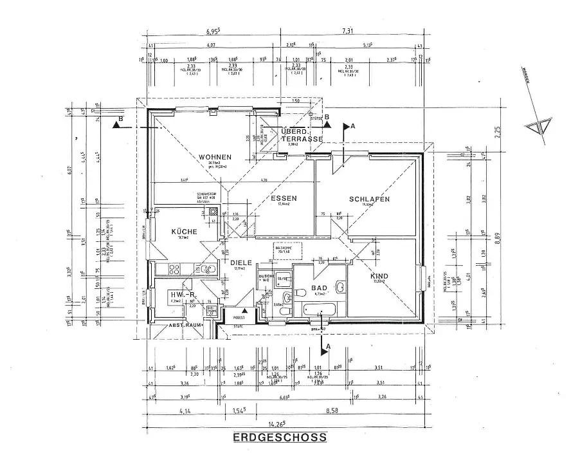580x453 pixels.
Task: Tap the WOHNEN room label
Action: (x=215, y=157)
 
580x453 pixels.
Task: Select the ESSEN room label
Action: (x=283, y=198)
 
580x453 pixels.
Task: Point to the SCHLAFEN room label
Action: (x=370, y=199)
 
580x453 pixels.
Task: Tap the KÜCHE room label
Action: (x=183, y=231)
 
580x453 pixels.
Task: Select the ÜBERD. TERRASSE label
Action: (x=302, y=135)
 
